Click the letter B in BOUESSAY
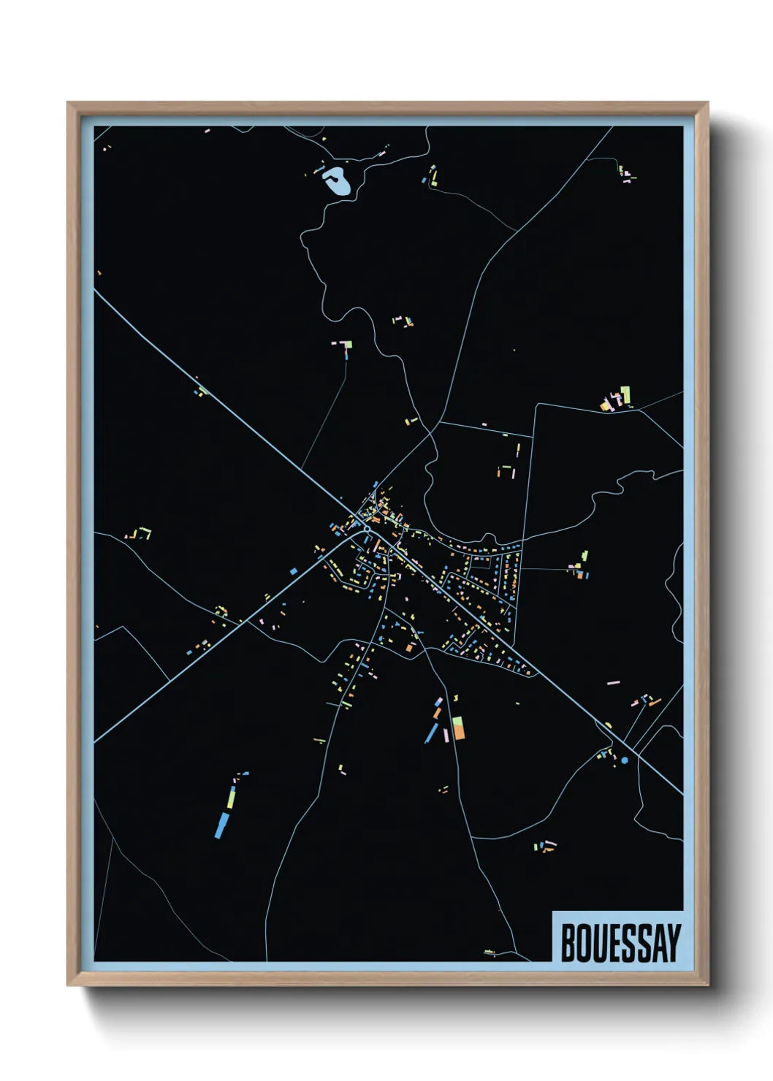pos(568,943)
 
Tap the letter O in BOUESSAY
pos(583,943)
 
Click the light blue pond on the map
pos(338,180)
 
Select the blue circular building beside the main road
pos(625,760)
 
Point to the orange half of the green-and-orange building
pos(459,733)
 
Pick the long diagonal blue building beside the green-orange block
pos(432,733)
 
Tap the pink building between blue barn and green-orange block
pos(446,734)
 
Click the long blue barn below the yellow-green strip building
pos(221,825)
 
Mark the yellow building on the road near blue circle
pos(608,725)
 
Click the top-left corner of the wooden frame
pos(68,103)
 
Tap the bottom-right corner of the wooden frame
pos(707,985)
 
